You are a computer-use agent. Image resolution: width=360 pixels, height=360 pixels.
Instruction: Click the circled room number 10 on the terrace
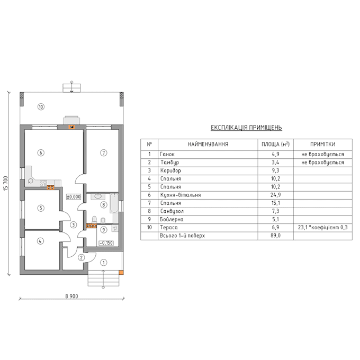coord(41,107)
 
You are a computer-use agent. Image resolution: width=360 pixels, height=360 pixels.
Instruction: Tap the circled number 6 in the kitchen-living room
coord(41,152)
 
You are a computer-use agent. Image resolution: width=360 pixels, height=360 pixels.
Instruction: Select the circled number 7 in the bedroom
coord(104,152)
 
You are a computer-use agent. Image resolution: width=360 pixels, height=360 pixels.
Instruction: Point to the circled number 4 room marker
coord(40,240)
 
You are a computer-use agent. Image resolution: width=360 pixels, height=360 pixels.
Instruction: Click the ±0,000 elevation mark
coord(73,196)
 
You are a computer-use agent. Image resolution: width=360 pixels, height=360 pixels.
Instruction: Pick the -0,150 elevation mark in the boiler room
coord(106,244)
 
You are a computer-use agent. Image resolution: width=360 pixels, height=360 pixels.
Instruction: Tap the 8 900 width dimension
coord(71,296)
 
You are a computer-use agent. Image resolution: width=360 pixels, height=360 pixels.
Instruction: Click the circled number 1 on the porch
coord(104,262)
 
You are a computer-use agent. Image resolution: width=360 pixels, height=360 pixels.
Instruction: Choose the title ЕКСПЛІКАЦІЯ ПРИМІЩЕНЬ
coord(246,128)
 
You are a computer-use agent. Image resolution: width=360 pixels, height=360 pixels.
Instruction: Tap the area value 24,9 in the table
coord(275,195)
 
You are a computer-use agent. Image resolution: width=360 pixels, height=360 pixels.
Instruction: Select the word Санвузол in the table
coord(170,211)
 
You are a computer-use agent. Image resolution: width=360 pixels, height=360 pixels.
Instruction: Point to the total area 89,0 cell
coord(275,235)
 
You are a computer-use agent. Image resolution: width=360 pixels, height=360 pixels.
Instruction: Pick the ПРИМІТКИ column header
coord(322,144)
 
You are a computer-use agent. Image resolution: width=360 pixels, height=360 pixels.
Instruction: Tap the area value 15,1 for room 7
coord(275,203)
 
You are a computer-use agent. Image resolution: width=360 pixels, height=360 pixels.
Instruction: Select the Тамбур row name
coord(168,163)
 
